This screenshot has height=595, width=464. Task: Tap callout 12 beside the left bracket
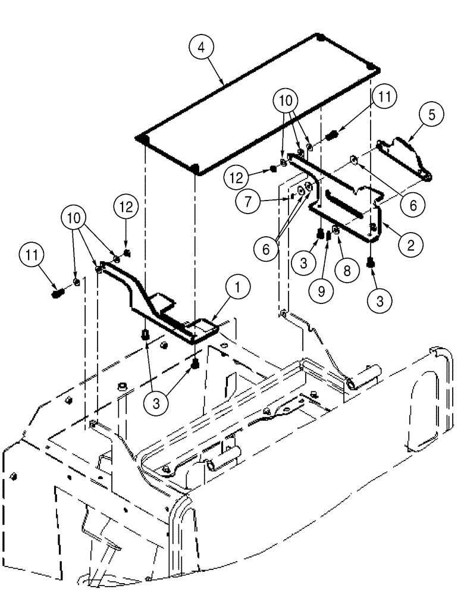pos(127,208)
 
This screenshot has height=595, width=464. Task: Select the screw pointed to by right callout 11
pos(333,136)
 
